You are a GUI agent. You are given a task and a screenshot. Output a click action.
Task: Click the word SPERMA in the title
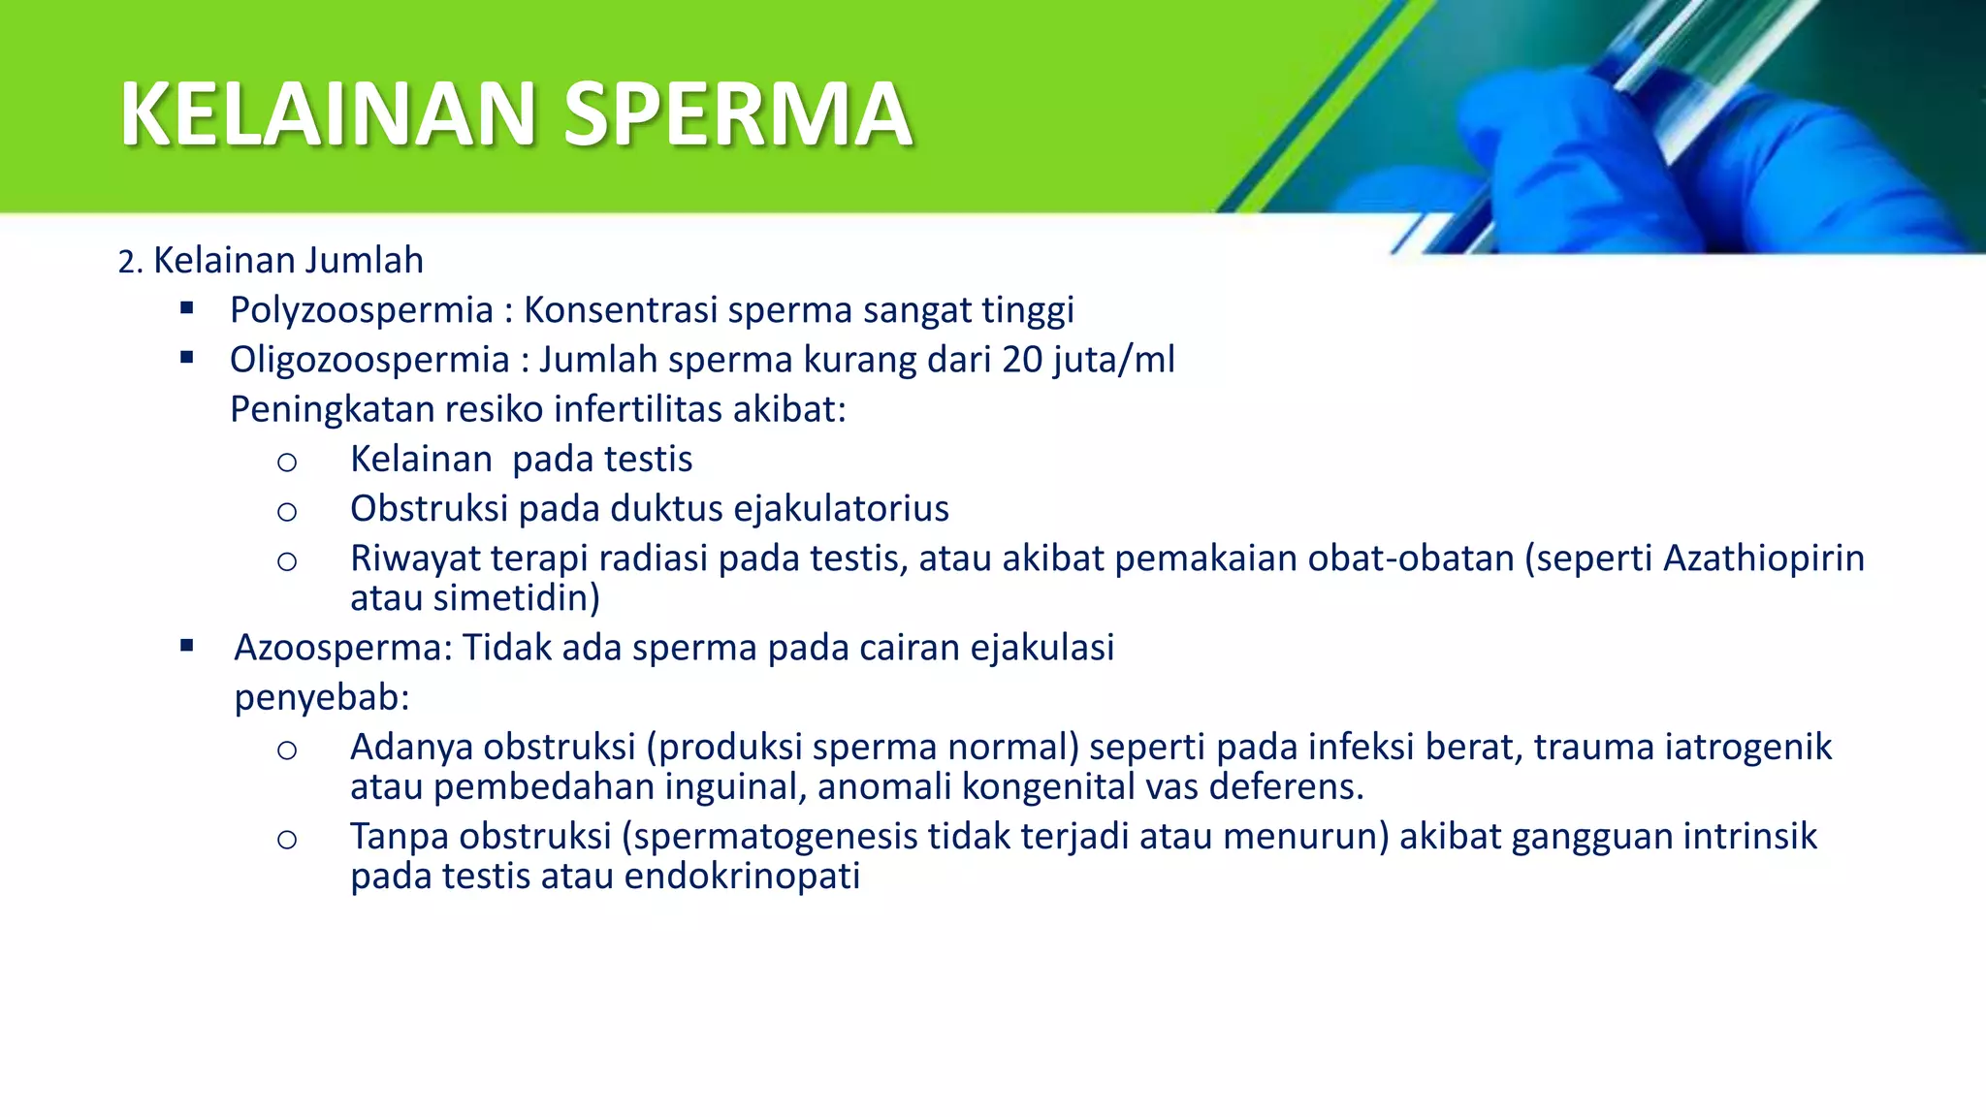coord(737,114)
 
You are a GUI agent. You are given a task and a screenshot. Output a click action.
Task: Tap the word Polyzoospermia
coord(362,311)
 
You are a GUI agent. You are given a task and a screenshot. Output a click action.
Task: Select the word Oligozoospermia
coord(369,361)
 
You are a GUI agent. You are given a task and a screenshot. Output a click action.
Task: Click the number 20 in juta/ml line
coord(1022,361)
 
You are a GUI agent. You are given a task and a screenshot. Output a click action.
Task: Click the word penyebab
coord(321,697)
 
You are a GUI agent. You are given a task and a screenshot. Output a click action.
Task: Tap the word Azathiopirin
coord(1764,558)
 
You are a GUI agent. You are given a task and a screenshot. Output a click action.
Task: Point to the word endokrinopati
coord(742,877)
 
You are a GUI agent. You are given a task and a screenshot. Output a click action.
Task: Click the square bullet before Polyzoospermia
coord(187,309)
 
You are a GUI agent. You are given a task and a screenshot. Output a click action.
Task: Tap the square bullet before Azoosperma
coord(187,646)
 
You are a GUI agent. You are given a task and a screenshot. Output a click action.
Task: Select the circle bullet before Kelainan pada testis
coord(286,463)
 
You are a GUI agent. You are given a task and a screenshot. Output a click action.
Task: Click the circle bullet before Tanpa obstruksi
coord(286,840)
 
